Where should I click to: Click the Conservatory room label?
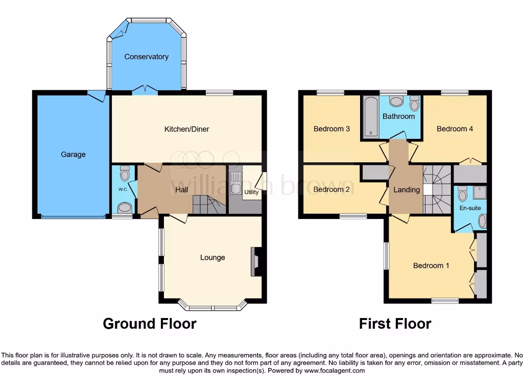pyautogui.click(x=146, y=57)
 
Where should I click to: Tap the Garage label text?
pyautogui.click(x=73, y=154)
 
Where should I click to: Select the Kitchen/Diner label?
pyautogui.click(x=186, y=129)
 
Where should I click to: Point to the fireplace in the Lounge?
pyautogui.click(x=257, y=261)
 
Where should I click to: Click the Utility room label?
pyautogui.click(x=251, y=192)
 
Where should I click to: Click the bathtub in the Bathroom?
pyautogui.click(x=370, y=117)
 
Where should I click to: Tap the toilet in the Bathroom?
pyautogui.click(x=414, y=103)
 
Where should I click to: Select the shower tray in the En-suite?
pyautogui.click(x=479, y=192)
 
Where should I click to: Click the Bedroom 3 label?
pyautogui.click(x=331, y=129)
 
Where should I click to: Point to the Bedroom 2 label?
pyautogui.click(x=331, y=189)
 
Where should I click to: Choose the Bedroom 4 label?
pyautogui.click(x=455, y=129)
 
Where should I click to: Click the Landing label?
pyautogui.click(x=407, y=190)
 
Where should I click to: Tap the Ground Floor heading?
pyautogui.click(x=150, y=324)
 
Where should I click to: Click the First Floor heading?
pyautogui.click(x=395, y=324)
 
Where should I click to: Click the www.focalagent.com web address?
pyautogui.click(x=335, y=371)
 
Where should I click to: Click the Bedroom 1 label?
pyautogui.click(x=431, y=265)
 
